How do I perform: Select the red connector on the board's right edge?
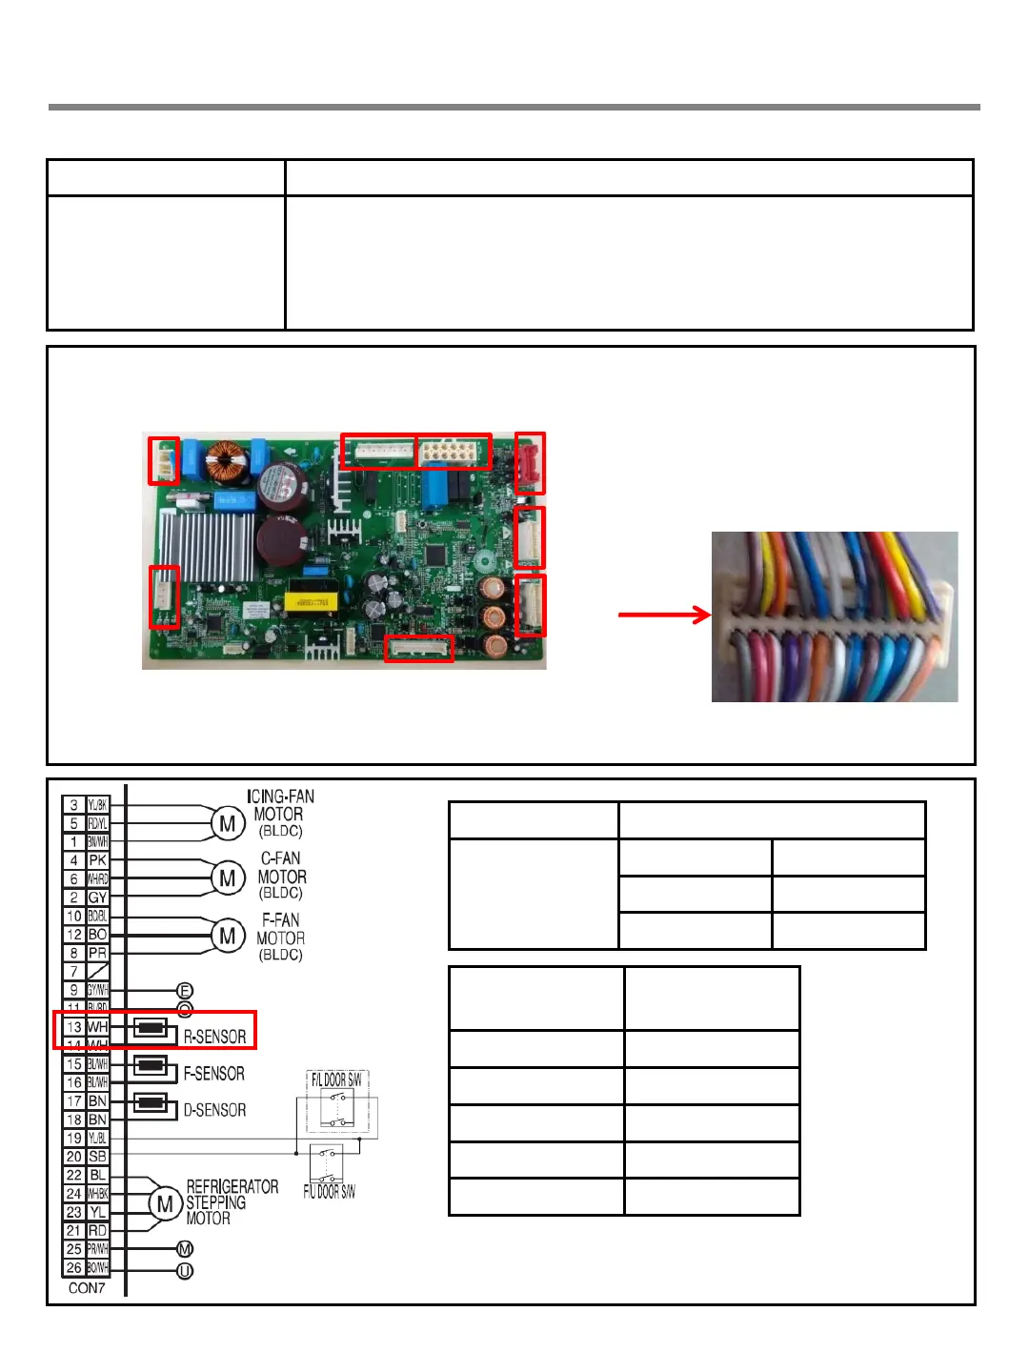tap(529, 463)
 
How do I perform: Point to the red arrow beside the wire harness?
tap(664, 615)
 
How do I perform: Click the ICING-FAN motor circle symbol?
tap(227, 823)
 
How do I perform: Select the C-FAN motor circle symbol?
tap(227, 878)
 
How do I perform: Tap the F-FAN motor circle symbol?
tap(227, 936)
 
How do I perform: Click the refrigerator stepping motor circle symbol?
tap(165, 1203)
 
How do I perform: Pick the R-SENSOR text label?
tap(214, 1037)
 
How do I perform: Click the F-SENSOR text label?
tap(213, 1074)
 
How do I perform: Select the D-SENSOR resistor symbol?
tap(151, 1103)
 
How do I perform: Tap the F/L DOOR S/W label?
tap(335, 1079)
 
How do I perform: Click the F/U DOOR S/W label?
tap(329, 1191)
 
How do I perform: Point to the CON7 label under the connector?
tap(87, 1288)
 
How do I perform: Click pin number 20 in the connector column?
tap(73, 1157)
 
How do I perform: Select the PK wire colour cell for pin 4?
tap(97, 860)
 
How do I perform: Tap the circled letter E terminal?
tap(185, 991)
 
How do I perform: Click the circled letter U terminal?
tap(185, 1271)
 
